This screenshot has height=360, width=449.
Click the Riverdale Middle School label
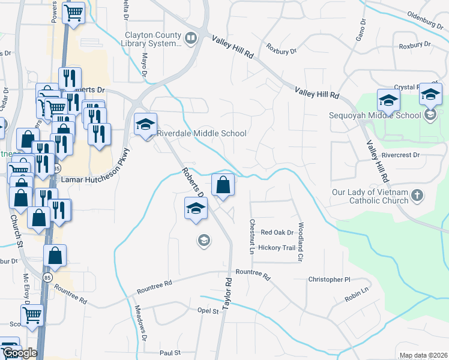(x=201, y=133)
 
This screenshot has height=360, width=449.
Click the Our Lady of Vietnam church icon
(x=418, y=196)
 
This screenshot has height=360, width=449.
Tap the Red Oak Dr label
(x=277, y=232)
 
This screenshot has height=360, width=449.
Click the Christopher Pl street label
(x=329, y=280)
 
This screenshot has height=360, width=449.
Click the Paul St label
(x=170, y=353)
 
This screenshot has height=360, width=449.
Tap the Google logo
(x=19, y=353)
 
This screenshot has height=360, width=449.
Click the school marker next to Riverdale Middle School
(x=145, y=125)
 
